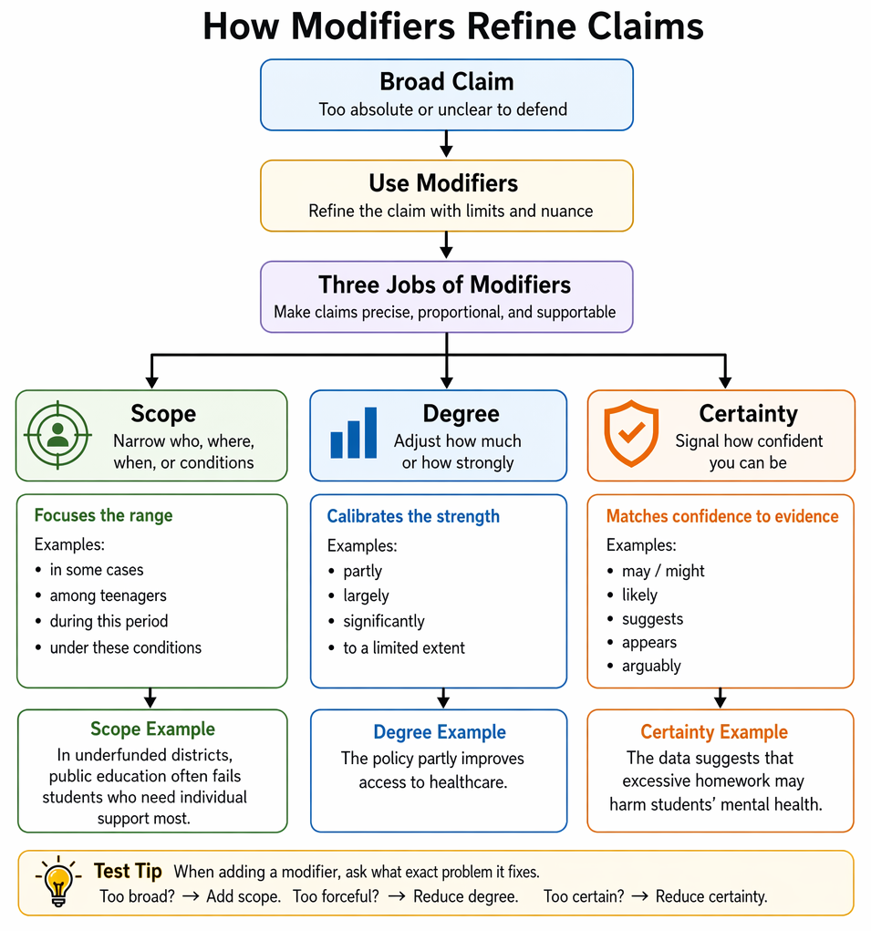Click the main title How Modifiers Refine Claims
(453, 26)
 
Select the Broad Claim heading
(447, 81)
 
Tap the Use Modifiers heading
(443, 183)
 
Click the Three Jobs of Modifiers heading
(445, 284)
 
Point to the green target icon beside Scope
(57, 435)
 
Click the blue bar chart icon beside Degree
(353, 432)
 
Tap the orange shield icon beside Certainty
(631, 433)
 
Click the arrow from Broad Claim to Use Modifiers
(447, 144)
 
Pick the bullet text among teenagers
(108, 595)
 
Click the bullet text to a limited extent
(404, 647)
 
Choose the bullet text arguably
(651, 667)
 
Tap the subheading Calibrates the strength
(413, 516)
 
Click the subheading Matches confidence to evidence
(722, 516)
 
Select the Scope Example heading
(152, 729)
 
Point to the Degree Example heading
(440, 732)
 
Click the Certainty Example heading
(713, 732)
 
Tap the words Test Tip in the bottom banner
(128, 871)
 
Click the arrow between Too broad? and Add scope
(191, 896)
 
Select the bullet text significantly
(384, 622)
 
